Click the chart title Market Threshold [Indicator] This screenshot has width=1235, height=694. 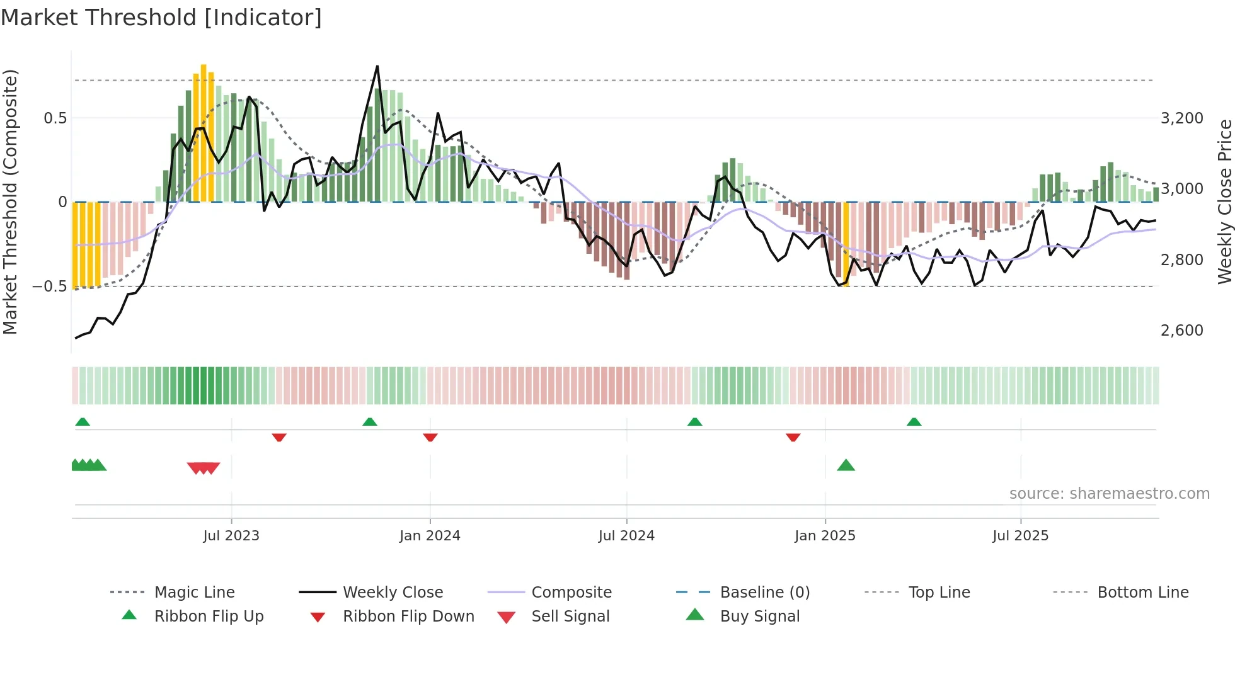[161, 18]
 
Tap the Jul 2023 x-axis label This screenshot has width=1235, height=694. [231, 536]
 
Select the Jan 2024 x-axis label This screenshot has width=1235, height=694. [430, 536]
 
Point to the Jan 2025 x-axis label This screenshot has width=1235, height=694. [825, 536]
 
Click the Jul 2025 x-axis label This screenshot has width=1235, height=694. [1020, 536]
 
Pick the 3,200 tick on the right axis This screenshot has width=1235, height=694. [1181, 118]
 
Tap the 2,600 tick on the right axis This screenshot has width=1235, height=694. [1181, 331]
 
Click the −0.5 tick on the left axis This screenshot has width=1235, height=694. [50, 287]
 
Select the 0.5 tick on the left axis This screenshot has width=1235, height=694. [55, 118]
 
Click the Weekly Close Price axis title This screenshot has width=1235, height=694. [1224, 202]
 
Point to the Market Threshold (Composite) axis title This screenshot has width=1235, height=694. [11, 202]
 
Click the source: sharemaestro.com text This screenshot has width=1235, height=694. [1109, 494]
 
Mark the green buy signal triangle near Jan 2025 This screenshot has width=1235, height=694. [846, 465]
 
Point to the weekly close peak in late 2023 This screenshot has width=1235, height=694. [377, 67]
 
